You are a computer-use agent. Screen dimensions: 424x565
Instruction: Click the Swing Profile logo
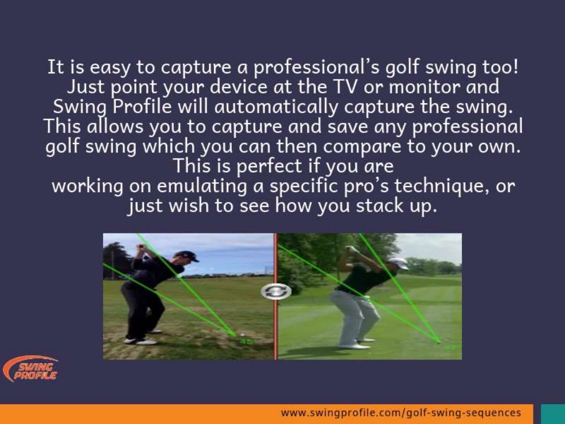pyautogui.click(x=30, y=369)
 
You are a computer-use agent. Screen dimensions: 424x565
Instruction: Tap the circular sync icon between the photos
pyautogui.click(x=276, y=291)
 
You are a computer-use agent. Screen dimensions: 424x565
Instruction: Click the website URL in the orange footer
pyautogui.click(x=401, y=413)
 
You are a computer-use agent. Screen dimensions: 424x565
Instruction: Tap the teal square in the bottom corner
pyautogui.click(x=552, y=414)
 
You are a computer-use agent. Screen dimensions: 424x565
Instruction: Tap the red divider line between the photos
pyautogui.click(x=275, y=331)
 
